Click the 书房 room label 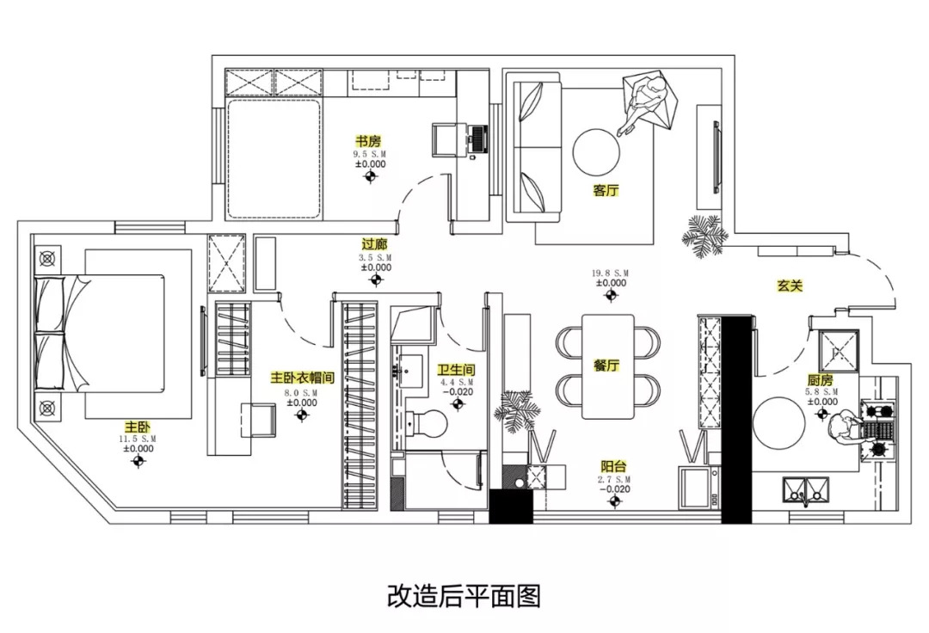click(368, 140)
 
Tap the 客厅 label click(606, 191)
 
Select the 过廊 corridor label click(375, 244)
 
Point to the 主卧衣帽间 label click(302, 378)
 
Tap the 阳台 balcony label click(612, 465)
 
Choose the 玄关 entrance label click(790, 286)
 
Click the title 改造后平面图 click(464, 595)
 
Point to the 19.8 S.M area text click(611, 273)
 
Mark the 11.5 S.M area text click(138, 439)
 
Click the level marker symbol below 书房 click(371, 177)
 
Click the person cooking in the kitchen click(844, 425)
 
